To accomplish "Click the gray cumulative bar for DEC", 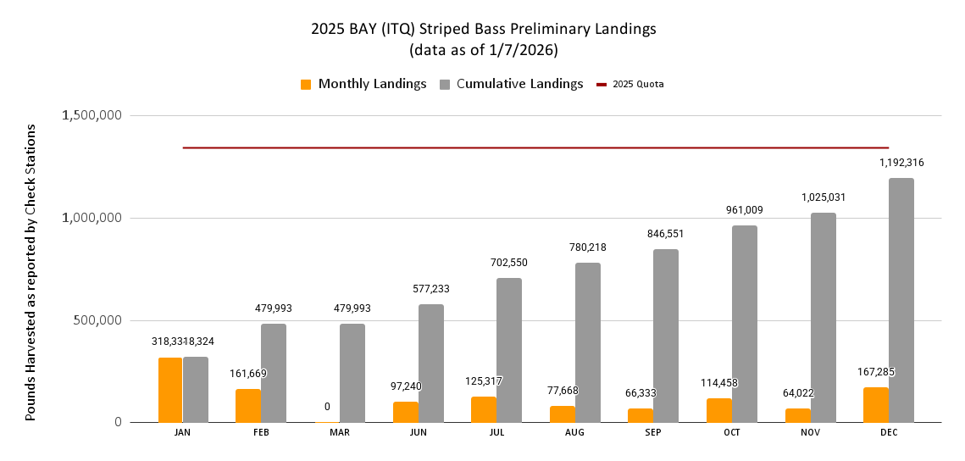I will tap(901, 300).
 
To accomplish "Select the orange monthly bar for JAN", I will tap(170, 390).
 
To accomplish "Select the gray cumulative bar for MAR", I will tap(352, 373).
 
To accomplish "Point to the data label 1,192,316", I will tap(901, 162).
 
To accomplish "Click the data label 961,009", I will tap(745, 209).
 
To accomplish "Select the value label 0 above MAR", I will tap(327, 407).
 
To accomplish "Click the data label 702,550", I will tap(509, 263).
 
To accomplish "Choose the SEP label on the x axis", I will tap(653, 433).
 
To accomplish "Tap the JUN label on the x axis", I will tap(418, 433).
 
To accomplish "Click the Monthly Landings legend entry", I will tap(363, 84).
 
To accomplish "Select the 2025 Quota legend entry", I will tap(630, 84).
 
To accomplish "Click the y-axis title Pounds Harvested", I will tap(31, 271).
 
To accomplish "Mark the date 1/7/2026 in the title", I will tap(523, 50).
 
